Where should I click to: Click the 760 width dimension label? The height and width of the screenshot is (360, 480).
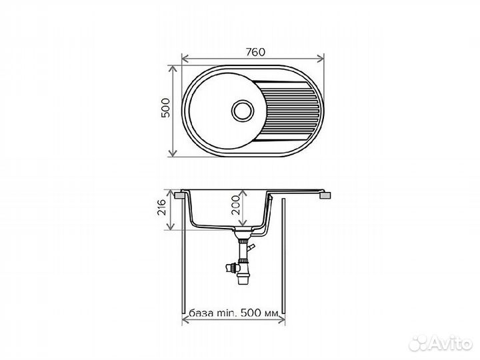(x=255, y=52)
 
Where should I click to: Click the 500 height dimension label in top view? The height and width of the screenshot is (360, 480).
(x=165, y=108)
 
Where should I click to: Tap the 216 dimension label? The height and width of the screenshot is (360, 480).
(x=161, y=207)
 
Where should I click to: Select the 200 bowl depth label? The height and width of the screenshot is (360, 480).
(x=235, y=205)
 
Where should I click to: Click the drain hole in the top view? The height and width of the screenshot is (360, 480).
(x=243, y=111)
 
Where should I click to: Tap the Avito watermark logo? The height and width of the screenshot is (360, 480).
(x=441, y=343)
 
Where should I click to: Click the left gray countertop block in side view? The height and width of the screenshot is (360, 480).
(x=179, y=195)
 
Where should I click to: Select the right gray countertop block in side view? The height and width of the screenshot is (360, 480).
(x=325, y=195)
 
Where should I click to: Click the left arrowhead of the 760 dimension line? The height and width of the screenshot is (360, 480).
(x=184, y=58)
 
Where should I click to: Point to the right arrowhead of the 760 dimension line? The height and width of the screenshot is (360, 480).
(x=321, y=58)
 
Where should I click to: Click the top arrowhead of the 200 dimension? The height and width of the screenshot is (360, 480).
(x=243, y=193)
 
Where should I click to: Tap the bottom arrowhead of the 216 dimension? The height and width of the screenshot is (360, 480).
(x=170, y=227)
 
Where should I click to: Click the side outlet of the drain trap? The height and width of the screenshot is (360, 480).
(x=231, y=268)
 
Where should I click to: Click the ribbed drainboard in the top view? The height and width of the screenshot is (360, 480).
(x=289, y=111)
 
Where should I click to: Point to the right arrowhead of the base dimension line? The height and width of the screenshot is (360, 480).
(x=282, y=320)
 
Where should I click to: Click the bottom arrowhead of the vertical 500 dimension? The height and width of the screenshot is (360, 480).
(x=173, y=153)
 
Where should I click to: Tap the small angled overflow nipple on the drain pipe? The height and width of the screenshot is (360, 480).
(x=251, y=247)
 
